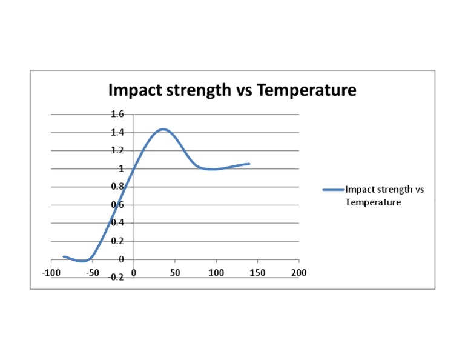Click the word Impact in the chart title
[135, 91]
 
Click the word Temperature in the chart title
[306, 91]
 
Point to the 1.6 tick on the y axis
[117, 114]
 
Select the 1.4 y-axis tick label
[117, 132]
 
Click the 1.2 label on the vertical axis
[117, 150]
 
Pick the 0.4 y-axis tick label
[117, 222]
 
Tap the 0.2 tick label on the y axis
[117, 241]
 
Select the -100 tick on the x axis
[51, 273]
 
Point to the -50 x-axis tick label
[92, 273]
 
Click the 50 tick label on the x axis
[175, 273]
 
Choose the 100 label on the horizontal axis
[216, 273]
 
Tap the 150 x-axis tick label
[257, 273]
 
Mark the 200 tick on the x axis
[298, 273]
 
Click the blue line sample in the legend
[333, 190]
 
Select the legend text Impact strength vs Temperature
[384, 196]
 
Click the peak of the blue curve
[162, 129]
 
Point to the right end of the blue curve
[249, 164]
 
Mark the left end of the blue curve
[64, 256]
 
